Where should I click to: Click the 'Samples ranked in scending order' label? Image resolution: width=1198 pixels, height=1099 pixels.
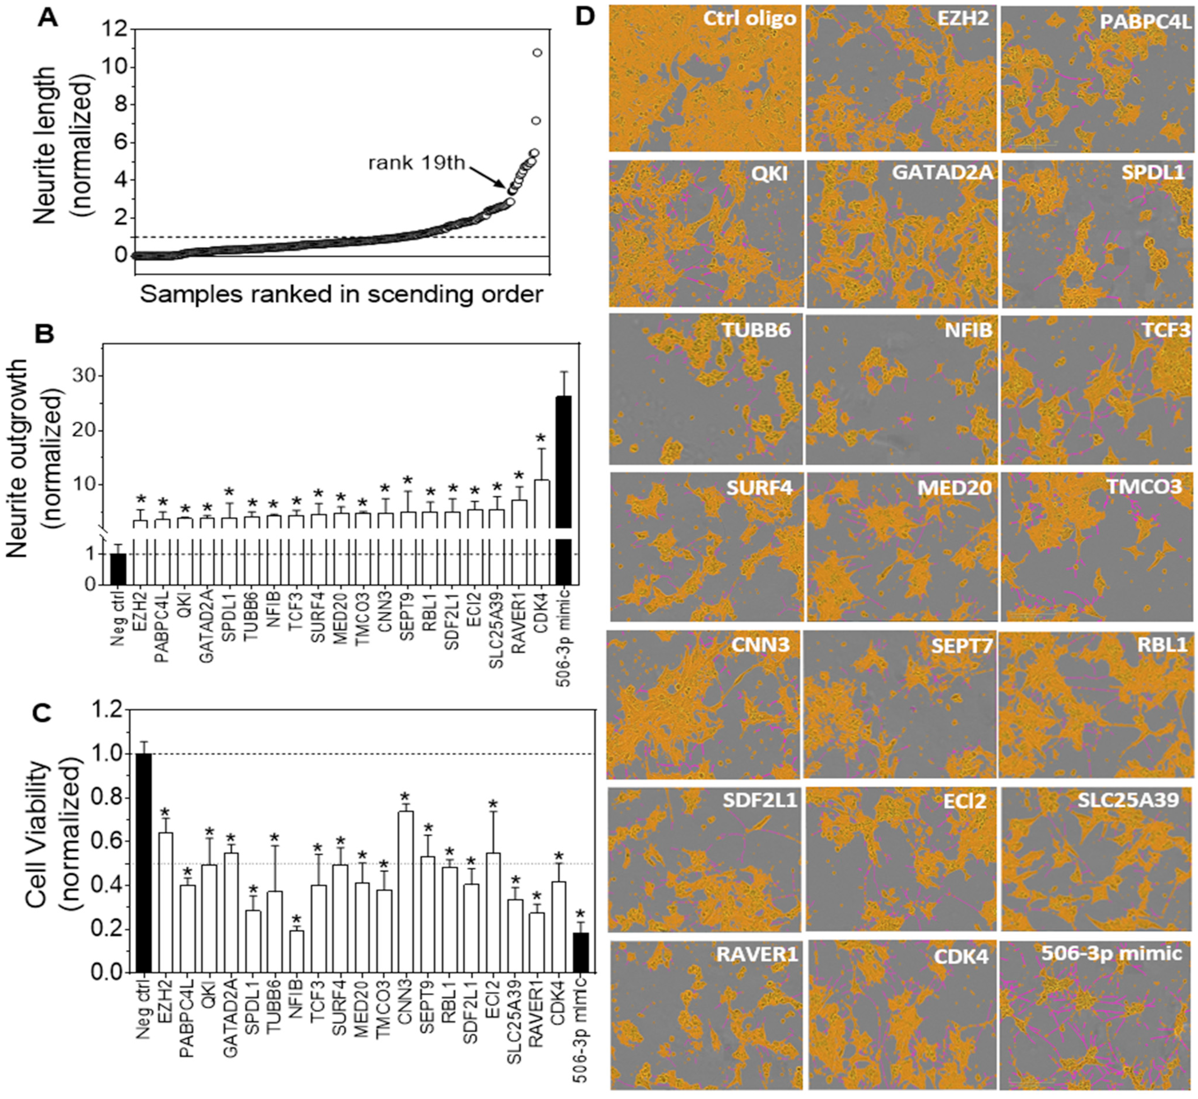pyautogui.click(x=342, y=294)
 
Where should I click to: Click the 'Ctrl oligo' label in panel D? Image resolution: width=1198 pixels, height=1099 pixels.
pyautogui.click(x=749, y=19)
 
